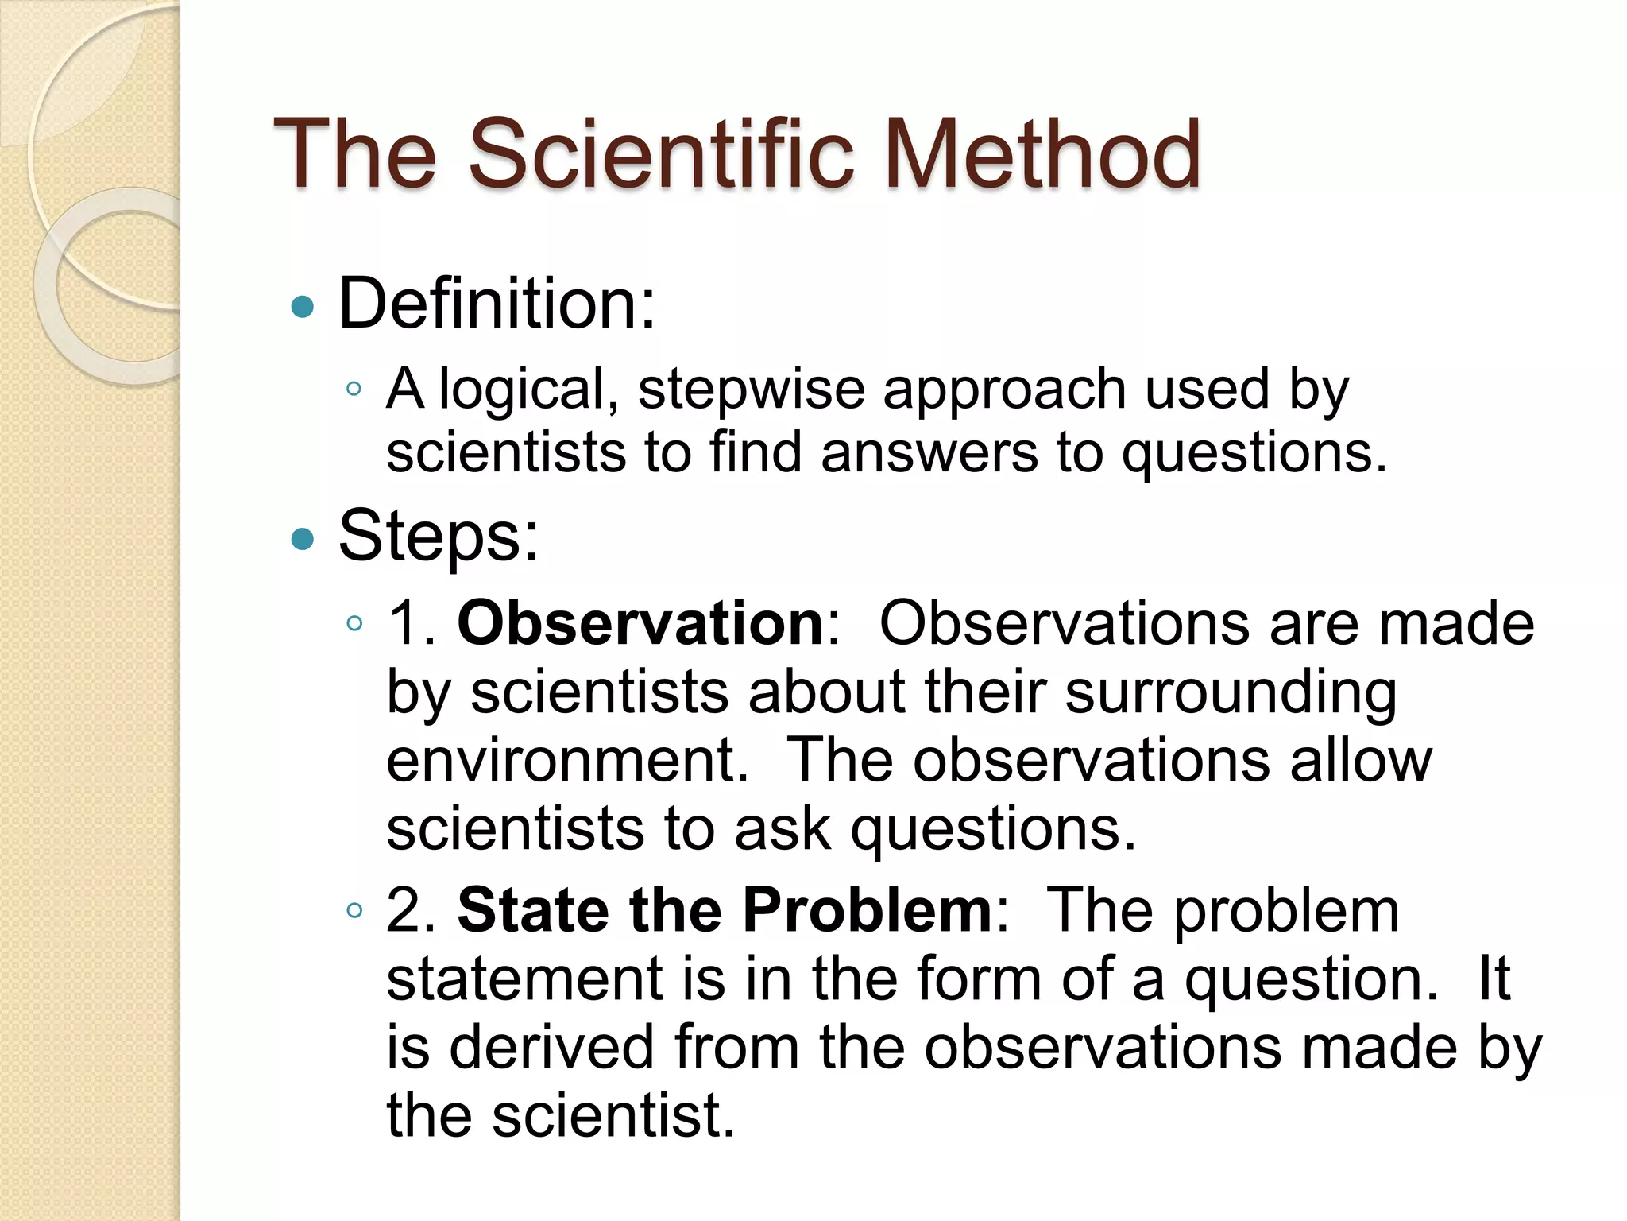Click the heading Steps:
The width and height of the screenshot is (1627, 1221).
(x=439, y=537)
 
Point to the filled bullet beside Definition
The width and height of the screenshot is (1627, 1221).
(x=303, y=307)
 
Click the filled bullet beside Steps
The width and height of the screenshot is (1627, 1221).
(x=303, y=540)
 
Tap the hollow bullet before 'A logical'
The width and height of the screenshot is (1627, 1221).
(x=354, y=390)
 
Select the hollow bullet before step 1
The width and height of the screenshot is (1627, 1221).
(x=354, y=622)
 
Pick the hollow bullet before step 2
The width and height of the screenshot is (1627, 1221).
(x=354, y=910)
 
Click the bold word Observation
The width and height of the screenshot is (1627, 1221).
(x=640, y=622)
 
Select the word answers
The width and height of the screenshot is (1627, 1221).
(x=929, y=453)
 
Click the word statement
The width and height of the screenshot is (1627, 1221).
(x=524, y=979)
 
